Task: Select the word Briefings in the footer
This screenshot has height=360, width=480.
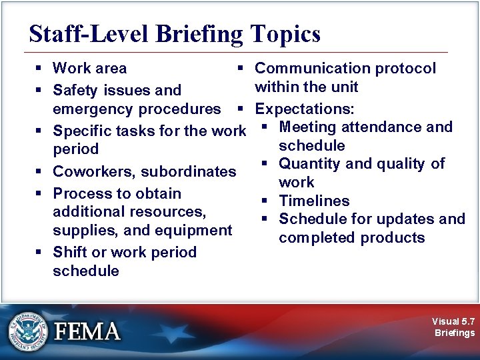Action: tap(454, 333)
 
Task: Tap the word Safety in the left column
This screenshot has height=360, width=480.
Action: tap(74, 90)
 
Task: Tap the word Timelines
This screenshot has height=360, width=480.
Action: tap(314, 201)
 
